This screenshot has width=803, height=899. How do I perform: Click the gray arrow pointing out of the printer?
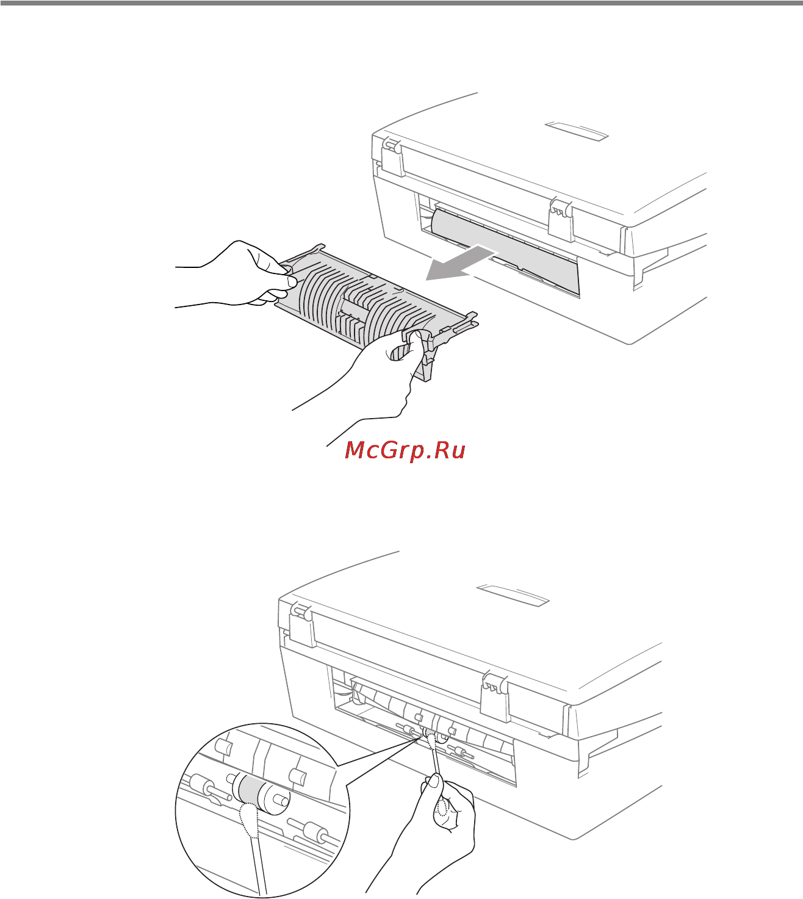(x=459, y=264)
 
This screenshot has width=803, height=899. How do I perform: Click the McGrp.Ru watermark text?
(x=405, y=450)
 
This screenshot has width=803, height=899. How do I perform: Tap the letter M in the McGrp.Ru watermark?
(x=355, y=450)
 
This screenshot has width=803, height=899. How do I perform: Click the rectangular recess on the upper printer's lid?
(x=577, y=131)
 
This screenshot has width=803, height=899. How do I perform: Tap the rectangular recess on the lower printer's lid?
(x=513, y=595)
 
